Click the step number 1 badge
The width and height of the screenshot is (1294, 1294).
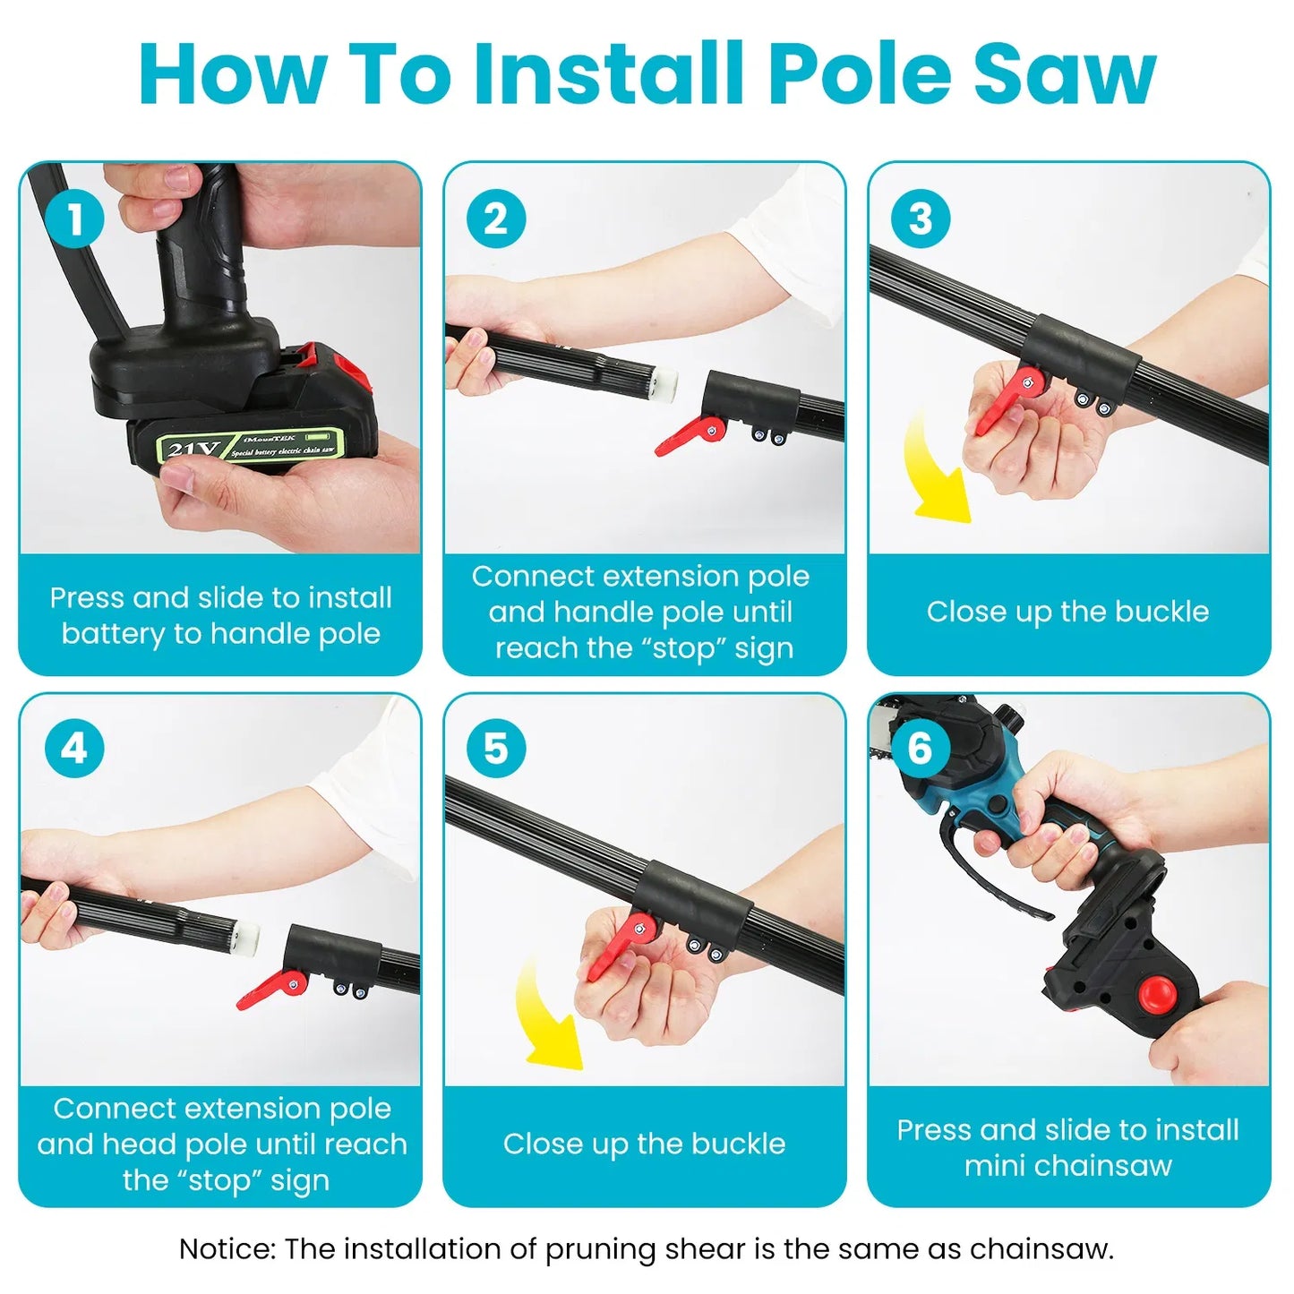(x=74, y=219)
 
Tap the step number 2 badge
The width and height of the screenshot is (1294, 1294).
(x=496, y=219)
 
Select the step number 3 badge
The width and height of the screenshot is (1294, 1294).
(x=921, y=219)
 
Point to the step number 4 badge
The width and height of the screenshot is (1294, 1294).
(x=74, y=749)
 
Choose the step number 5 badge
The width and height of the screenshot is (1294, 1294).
(x=496, y=749)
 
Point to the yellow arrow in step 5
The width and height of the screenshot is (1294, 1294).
(x=548, y=1016)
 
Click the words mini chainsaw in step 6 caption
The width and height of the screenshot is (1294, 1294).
(x=1067, y=1166)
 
